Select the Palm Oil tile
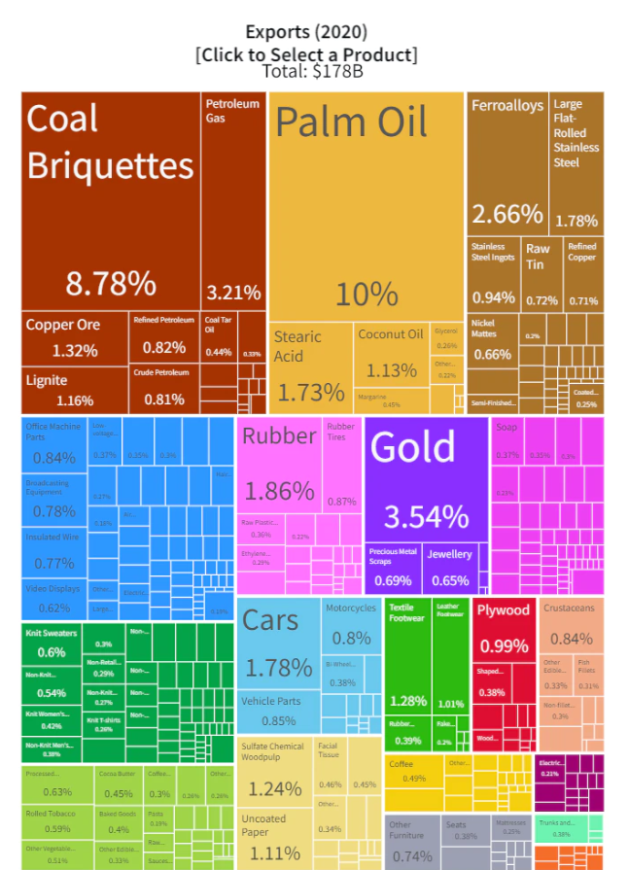366,204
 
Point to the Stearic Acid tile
309,365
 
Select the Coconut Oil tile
391,355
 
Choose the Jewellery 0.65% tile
450,568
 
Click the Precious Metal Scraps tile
393,568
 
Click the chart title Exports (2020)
306,32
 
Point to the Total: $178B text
306,70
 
